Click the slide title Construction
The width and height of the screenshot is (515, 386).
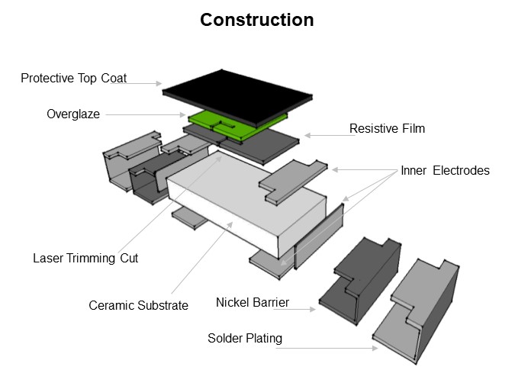tap(256, 20)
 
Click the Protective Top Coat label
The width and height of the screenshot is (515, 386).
tap(73, 79)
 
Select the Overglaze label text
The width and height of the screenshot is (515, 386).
tap(72, 114)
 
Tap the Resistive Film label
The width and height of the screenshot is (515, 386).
tap(387, 129)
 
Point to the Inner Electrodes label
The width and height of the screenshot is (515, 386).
tap(445, 171)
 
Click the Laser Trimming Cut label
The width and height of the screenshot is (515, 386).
tap(85, 258)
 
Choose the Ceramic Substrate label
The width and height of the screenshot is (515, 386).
tap(138, 305)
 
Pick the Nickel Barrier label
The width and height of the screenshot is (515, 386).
tap(253, 302)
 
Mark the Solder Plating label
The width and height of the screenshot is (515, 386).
tap(245, 338)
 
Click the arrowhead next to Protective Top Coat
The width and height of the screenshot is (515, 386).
tap(159, 83)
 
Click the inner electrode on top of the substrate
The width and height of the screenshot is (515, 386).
tap(294, 180)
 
